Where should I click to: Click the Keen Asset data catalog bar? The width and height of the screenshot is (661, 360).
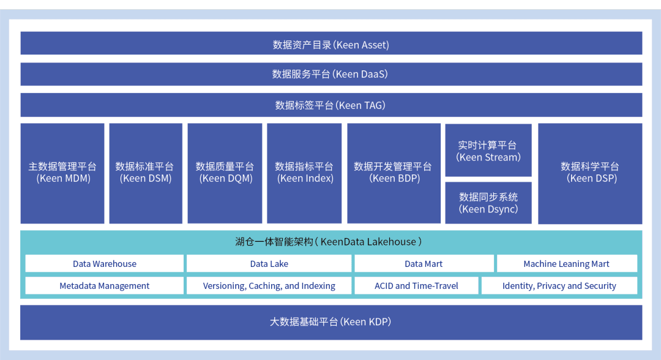pyautogui.click(x=331, y=44)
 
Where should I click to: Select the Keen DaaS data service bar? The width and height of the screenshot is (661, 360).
pyautogui.click(x=331, y=74)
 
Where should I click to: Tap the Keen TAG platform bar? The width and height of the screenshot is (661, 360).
pyautogui.click(x=331, y=105)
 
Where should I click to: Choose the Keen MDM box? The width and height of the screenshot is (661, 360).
pyautogui.click(x=62, y=173)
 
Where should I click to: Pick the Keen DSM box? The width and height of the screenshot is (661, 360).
pyautogui.click(x=146, y=173)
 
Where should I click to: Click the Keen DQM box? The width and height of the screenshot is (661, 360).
pyautogui.click(x=225, y=173)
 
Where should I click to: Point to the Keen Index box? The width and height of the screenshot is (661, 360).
pyautogui.click(x=304, y=173)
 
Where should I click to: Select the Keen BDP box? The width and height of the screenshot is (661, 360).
pyautogui.click(x=394, y=173)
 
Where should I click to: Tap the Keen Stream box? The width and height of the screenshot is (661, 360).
pyautogui.click(x=488, y=151)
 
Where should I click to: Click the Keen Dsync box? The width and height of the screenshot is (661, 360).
pyautogui.click(x=488, y=203)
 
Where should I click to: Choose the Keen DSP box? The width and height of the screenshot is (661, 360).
pyautogui.click(x=590, y=173)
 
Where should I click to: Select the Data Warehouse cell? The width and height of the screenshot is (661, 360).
pyautogui.click(x=105, y=264)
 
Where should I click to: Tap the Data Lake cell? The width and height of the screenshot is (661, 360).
pyautogui.click(x=269, y=264)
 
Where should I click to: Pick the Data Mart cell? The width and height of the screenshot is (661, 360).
pyautogui.click(x=424, y=264)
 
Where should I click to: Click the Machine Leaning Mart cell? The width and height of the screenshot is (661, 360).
pyautogui.click(x=567, y=264)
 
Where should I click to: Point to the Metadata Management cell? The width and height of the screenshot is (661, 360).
pyautogui.click(x=105, y=286)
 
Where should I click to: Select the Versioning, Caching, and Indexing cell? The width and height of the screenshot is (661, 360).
pyautogui.click(x=269, y=286)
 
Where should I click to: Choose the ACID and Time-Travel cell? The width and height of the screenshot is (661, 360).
pyautogui.click(x=416, y=286)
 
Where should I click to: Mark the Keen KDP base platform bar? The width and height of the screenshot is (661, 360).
pyautogui.click(x=331, y=322)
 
